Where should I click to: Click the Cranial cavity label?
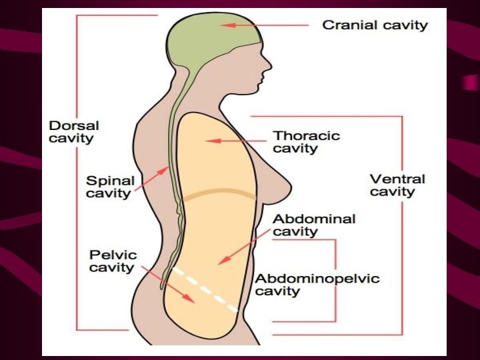[375, 25]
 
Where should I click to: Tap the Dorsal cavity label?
[74, 132]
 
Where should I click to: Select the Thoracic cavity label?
[306, 141]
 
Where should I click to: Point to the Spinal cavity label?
[110, 187]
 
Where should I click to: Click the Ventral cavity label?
[397, 185]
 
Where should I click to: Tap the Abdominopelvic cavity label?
[317, 285]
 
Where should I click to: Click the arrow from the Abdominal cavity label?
[247, 247]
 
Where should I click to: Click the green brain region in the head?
[207, 37]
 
